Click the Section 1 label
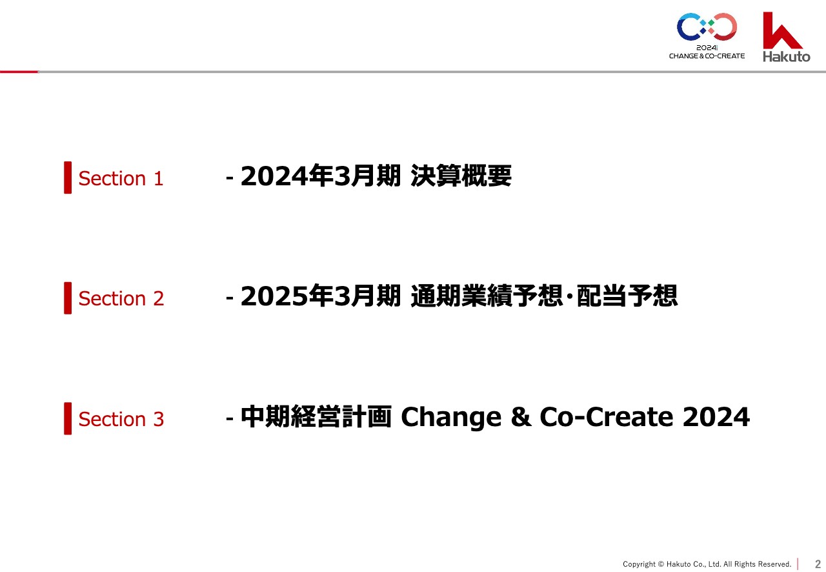[121, 179]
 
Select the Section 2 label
[121, 298]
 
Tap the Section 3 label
[121, 419]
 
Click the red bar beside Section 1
[68, 178]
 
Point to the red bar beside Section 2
[68, 298]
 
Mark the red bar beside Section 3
[68, 418]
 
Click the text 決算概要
[461, 176]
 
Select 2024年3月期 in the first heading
[321, 176]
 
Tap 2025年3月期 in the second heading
[321, 296]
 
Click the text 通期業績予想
[487, 296]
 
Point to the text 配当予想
[627, 296]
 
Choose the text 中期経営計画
[316, 416]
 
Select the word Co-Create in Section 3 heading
[607, 417]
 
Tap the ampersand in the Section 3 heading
[521, 417]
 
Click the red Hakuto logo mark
[781, 31]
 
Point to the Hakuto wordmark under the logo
[787, 56]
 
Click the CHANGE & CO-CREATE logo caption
[707, 56]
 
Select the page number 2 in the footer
[818, 564]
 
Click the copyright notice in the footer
[707, 564]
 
